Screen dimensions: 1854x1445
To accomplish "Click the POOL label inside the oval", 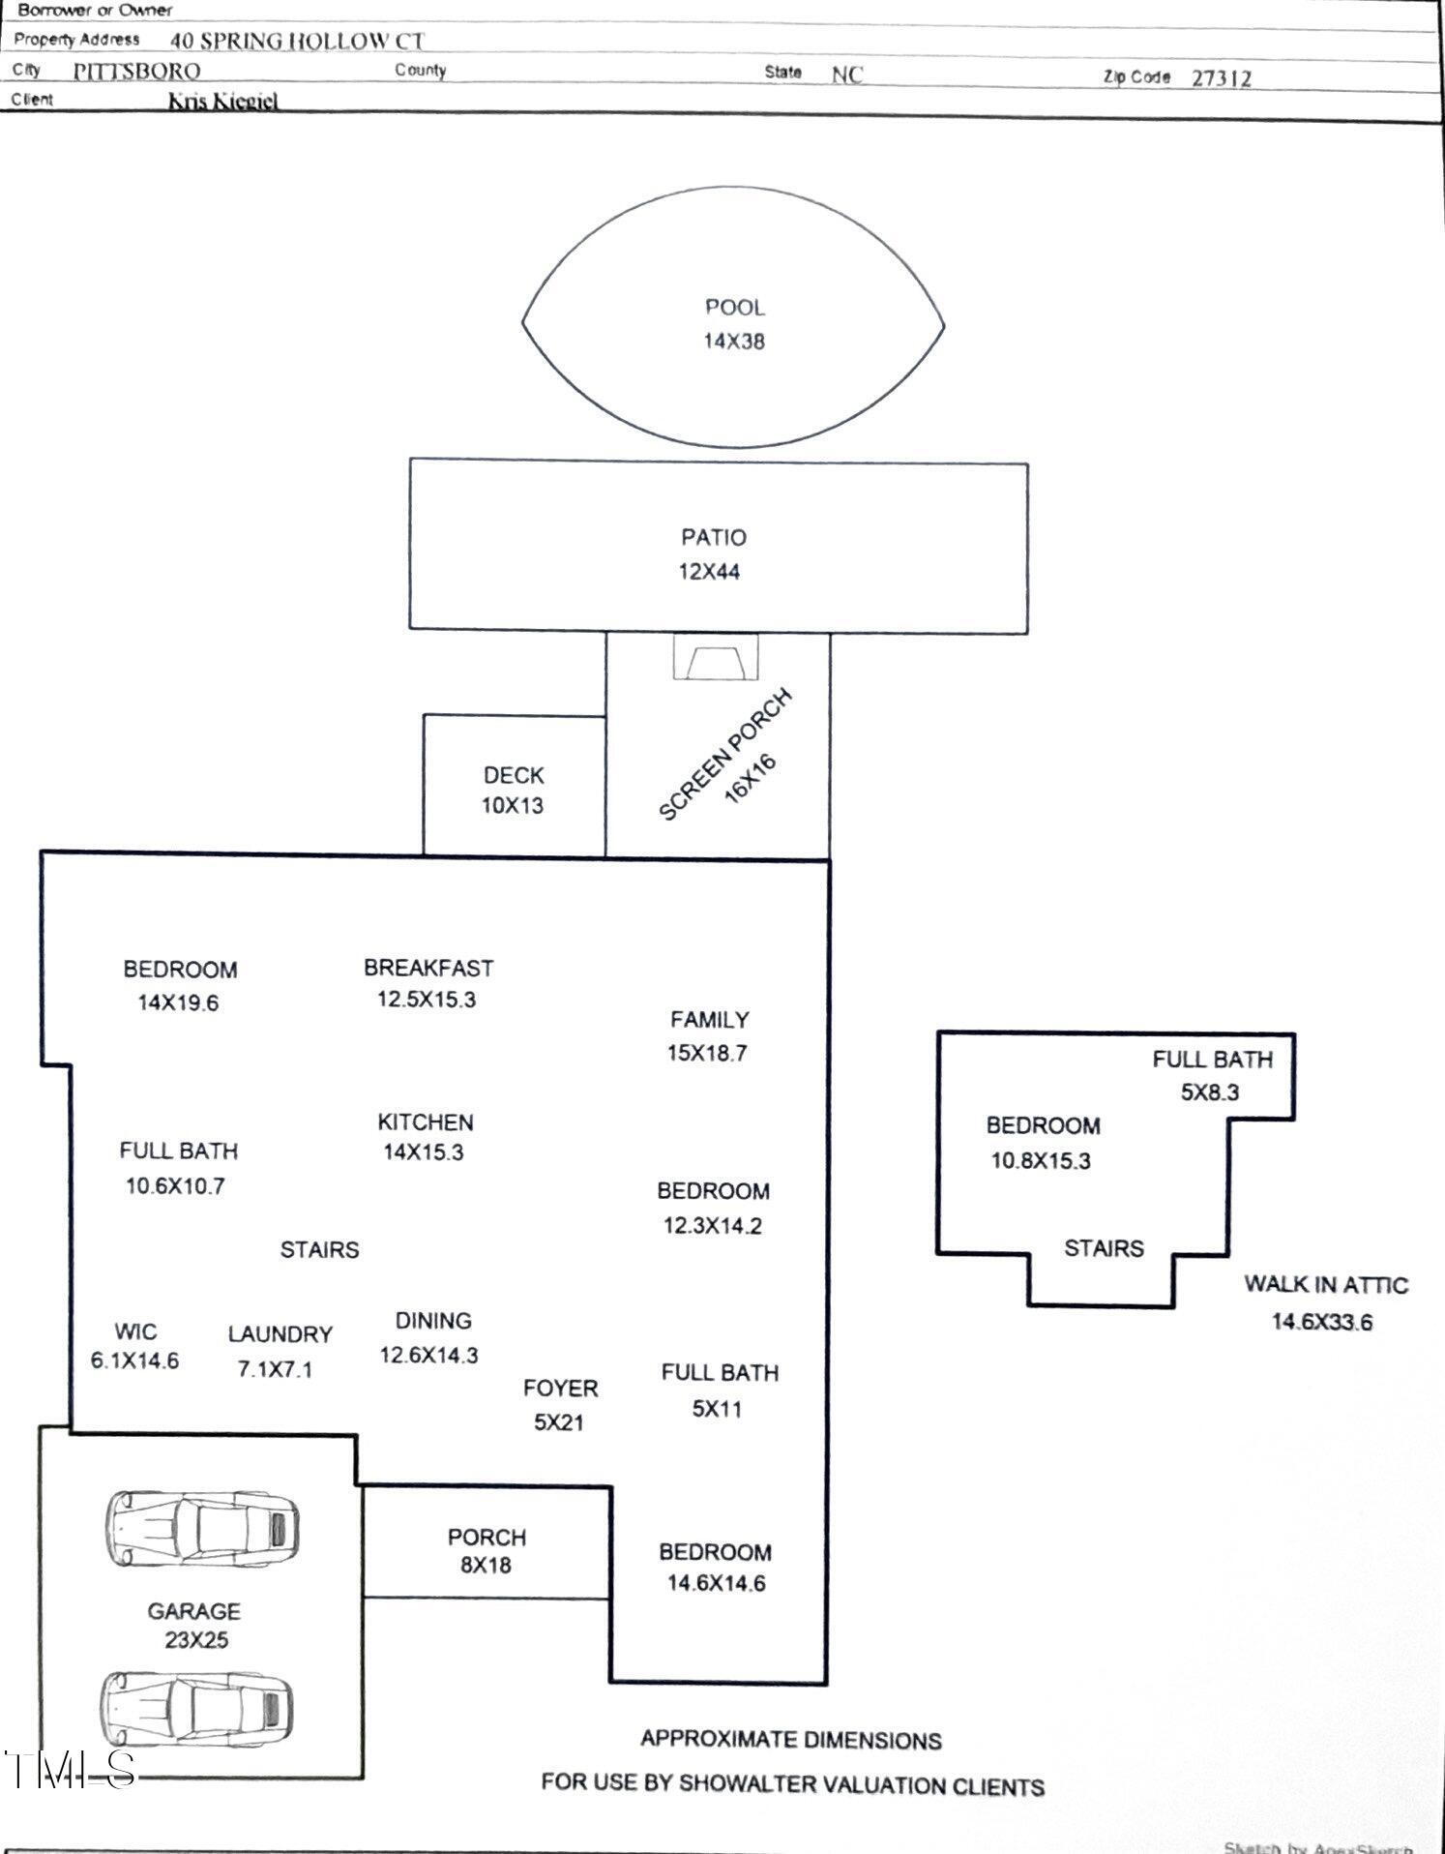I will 734,308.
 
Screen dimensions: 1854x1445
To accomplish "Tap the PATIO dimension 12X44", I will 709,572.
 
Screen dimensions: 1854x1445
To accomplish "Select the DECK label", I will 514,775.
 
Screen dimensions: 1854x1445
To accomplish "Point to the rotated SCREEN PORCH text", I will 724,755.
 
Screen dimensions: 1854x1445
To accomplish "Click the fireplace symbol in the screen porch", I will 716,658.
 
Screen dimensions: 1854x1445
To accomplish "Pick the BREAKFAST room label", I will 428,968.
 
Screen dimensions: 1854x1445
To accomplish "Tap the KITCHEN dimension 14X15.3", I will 424,1152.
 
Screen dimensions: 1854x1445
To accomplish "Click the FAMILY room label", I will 709,1020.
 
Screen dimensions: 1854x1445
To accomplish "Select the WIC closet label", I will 135,1331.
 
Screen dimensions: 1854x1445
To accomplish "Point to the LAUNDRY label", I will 280,1334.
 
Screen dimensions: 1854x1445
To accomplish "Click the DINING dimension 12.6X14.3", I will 428,1356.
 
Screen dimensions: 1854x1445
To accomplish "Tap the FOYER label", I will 560,1389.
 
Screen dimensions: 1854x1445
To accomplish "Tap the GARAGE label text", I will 193,1611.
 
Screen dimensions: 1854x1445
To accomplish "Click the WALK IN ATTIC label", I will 1325,1285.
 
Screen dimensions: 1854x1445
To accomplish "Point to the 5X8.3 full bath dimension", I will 1209,1092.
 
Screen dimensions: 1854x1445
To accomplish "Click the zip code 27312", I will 1221,78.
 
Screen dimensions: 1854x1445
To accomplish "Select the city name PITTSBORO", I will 136,72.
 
